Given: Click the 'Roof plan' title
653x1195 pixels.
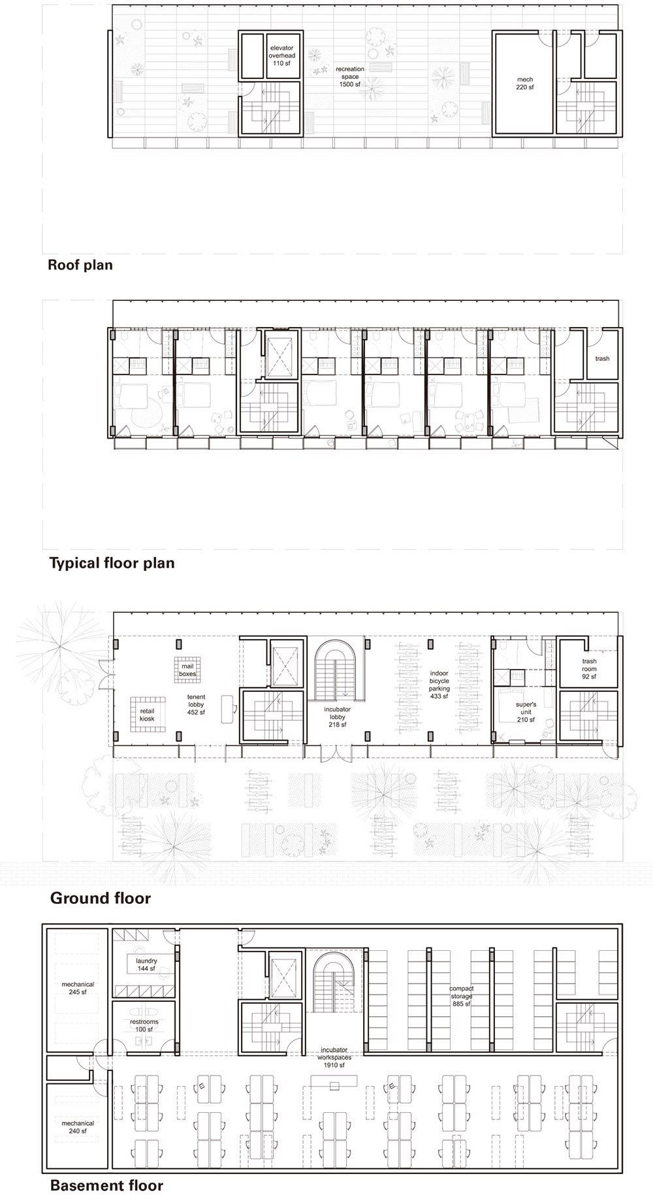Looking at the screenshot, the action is point(80,265).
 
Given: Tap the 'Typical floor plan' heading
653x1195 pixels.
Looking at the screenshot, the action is point(112,563).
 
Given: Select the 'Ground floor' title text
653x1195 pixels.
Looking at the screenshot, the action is point(101,898).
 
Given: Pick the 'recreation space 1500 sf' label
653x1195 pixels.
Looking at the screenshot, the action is point(350,76).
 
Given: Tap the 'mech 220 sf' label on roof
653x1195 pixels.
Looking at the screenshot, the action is point(524,84).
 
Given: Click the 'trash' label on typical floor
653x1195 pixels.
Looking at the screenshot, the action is point(602,358).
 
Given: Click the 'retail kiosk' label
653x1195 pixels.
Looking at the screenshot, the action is point(147,715).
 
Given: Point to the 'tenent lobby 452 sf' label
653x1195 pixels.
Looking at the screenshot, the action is point(196,705).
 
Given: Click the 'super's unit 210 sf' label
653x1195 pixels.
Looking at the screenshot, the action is point(526,713).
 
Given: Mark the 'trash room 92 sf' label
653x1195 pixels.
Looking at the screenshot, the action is point(589,669).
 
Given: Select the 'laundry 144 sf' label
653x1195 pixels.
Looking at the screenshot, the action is point(146,965).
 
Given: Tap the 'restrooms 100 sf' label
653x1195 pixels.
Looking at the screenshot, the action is point(144,1026).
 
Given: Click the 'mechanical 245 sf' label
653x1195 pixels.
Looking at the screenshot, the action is point(78,988).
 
